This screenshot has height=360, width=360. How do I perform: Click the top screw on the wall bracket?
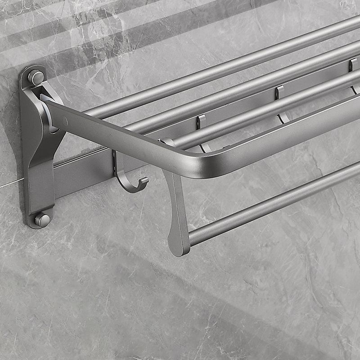36,77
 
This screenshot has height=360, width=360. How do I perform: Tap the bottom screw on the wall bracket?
42,220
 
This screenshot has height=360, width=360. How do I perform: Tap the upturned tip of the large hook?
144,181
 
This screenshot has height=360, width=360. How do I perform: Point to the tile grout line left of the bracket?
9,184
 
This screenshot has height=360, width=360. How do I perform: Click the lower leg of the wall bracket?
40,189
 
